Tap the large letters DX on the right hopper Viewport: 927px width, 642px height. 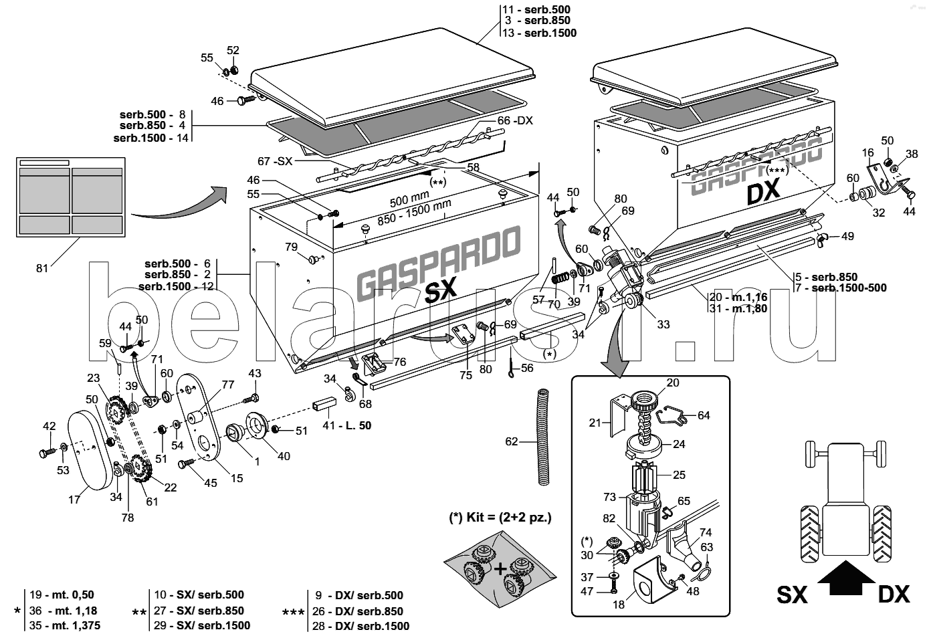pos(762,192)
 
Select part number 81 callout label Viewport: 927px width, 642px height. pos(42,269)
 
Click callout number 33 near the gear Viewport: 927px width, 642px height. pos(663,324)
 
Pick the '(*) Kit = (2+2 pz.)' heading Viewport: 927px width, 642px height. pos(500,518)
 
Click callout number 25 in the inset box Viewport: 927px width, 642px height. pos(679,475)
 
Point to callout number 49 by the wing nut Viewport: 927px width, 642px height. pos(847,236)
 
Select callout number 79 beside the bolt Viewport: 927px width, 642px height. pos(291,247)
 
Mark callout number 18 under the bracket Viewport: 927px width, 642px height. pos(618,605)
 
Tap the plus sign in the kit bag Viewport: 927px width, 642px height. pos(500,568)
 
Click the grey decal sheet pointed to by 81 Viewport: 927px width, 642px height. pos(70,197)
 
